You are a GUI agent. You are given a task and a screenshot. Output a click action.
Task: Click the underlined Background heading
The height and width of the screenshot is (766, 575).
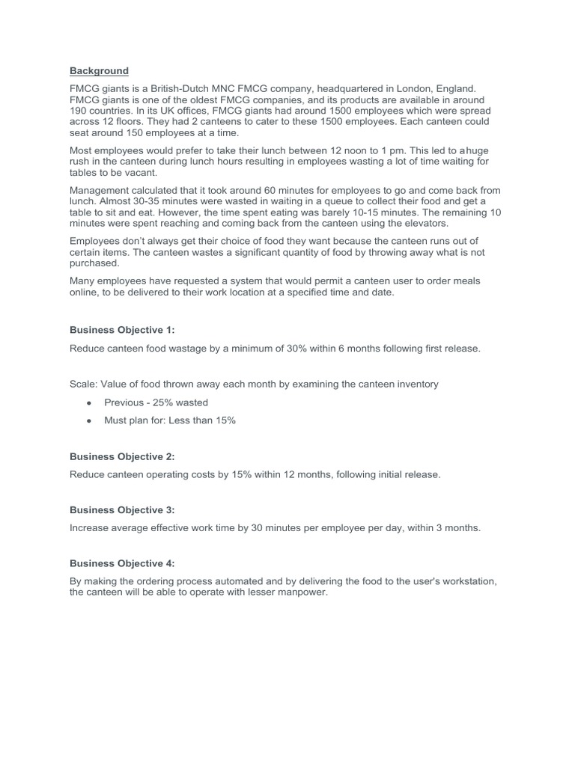99,71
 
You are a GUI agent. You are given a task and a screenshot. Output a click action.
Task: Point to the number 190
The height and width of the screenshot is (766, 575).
79,111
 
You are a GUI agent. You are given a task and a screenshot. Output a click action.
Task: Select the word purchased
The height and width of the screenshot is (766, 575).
94,263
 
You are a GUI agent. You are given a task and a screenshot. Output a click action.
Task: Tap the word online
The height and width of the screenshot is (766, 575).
85,292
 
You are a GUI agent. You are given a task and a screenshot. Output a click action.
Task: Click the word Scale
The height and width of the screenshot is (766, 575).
83,384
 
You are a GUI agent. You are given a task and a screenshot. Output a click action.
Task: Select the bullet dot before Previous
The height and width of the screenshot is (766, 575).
89,402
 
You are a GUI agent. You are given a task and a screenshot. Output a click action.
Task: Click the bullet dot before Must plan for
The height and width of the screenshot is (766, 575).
89,420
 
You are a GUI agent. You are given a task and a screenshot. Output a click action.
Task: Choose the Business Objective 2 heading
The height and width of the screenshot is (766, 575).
122,456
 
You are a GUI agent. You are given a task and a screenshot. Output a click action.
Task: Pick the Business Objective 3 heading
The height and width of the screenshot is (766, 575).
122,510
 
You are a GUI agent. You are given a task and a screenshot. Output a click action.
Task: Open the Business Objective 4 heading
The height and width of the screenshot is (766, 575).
122,563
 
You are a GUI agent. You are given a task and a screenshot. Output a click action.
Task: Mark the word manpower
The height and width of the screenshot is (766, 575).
302,593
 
